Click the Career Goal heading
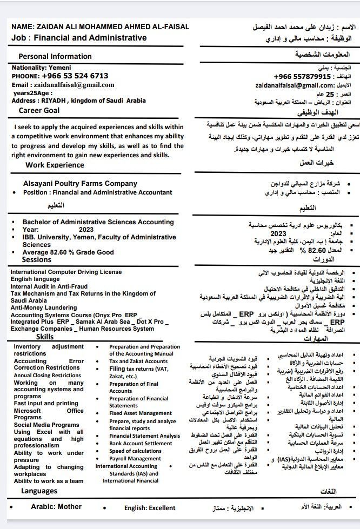pyautogui.click(x=39, y=110)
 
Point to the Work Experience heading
pyautogui.click(x=55, y=165)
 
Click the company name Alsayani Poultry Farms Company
pyautogui.click(x=80, y=184)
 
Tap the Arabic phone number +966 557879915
pyautogui.click(x=303, y=77)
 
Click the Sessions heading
pyautogui.click(x=37, y=260)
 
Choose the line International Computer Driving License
pyautogui.click(x=66, y=272)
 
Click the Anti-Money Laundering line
pyautogui.click(x=44, y=307)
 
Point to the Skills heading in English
pyautogui.click(x=45, y=337)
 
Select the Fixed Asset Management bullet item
pyautogui.click(x=141, y=413)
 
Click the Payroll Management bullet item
pyautogui.click(x=135, y=459)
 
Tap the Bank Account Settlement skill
pyautogui.click(x=141, y=444)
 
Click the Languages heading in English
pyautogui.click(x=39, y=491)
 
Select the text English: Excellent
pyautogui.click(x=150, y=508)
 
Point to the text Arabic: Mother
pyautogui.click(x=56, y=507)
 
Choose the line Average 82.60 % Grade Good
pyautogui.click(x=68, y=252)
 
